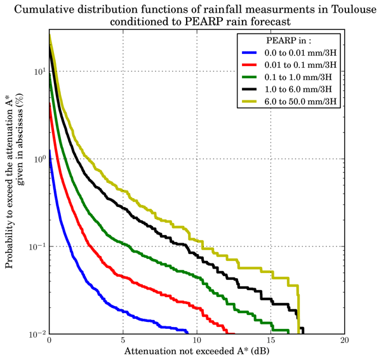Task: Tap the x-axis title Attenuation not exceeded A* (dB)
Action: click(x=196, y=351)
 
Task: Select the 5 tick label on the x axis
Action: click(x=123, y=340)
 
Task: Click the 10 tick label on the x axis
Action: click(x=196, y=340)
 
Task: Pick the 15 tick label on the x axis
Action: click(x=270, y=340)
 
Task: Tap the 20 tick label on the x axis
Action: click(x=344, y=340)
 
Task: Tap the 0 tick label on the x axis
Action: click(x=49, y=340)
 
